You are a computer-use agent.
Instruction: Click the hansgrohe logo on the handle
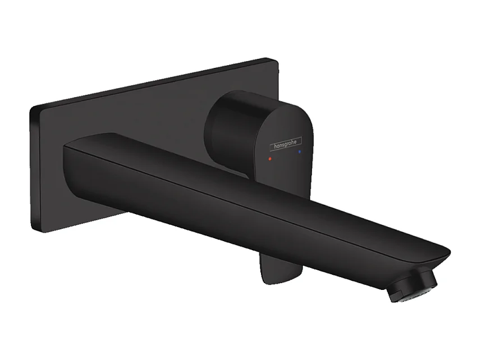pyautogui.click(x=286, y=144)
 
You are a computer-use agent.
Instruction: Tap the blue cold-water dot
pyautogui.click(x=301, y=151)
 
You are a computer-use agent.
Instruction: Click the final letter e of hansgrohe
pyautogui.click(x=300, y=140)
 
